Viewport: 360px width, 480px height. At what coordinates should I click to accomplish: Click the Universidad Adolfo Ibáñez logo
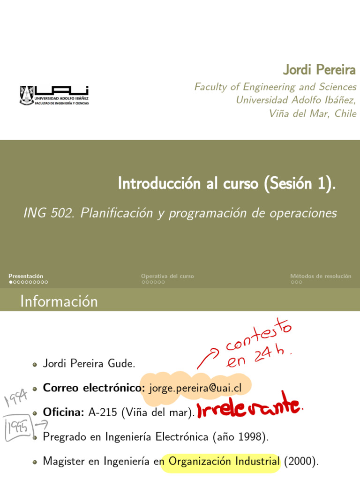54,95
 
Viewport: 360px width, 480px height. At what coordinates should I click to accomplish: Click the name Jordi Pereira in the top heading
319,70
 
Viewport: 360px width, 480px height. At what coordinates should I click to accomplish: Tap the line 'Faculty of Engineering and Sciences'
275,87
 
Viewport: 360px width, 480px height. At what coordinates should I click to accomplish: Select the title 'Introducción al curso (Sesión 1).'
227,183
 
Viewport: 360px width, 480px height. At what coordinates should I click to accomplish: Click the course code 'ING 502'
49,213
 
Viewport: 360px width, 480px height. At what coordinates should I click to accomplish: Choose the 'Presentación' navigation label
26,276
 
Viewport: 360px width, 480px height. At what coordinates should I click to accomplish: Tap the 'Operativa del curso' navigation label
167,276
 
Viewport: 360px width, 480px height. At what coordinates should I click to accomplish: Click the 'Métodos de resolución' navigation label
321,276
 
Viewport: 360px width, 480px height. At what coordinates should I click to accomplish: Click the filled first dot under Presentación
11,282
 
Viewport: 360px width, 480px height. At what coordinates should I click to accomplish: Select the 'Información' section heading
59,301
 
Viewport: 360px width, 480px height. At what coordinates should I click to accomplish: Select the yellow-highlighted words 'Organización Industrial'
224,461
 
